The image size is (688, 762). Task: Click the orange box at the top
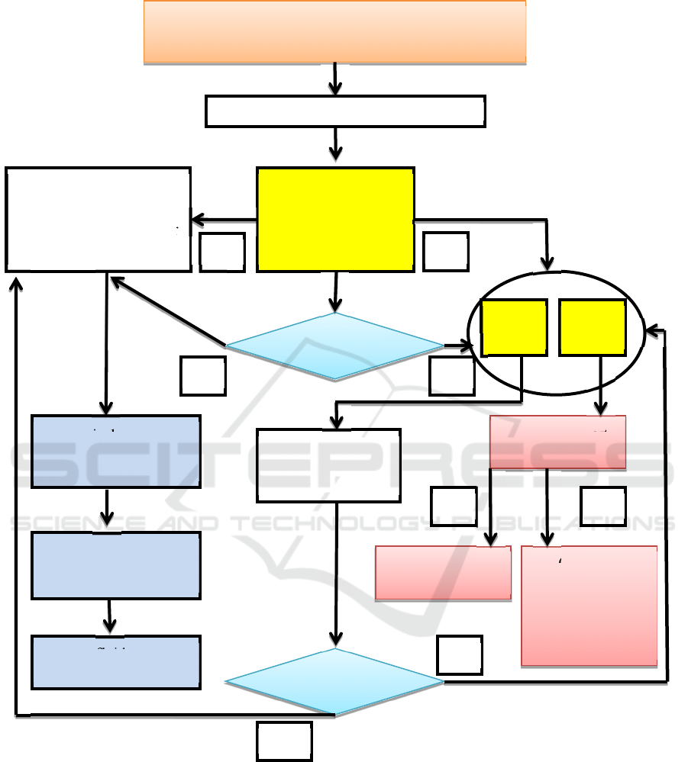334,31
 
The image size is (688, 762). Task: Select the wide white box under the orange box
345,111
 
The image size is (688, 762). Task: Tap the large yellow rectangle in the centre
336,219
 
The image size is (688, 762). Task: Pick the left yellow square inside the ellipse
514,327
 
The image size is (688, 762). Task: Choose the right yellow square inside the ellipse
593,327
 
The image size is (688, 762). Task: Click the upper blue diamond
334,346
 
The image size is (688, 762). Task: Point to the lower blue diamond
334,682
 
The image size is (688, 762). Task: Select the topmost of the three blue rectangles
115,452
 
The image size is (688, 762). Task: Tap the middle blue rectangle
115,565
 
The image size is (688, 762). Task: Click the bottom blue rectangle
115,662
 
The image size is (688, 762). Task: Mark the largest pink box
589,606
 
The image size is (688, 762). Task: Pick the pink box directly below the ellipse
557,442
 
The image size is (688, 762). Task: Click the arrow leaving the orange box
335,79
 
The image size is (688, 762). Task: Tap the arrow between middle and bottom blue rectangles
111,616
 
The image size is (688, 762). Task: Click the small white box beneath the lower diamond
284,741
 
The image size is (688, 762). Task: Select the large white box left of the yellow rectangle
98,219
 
